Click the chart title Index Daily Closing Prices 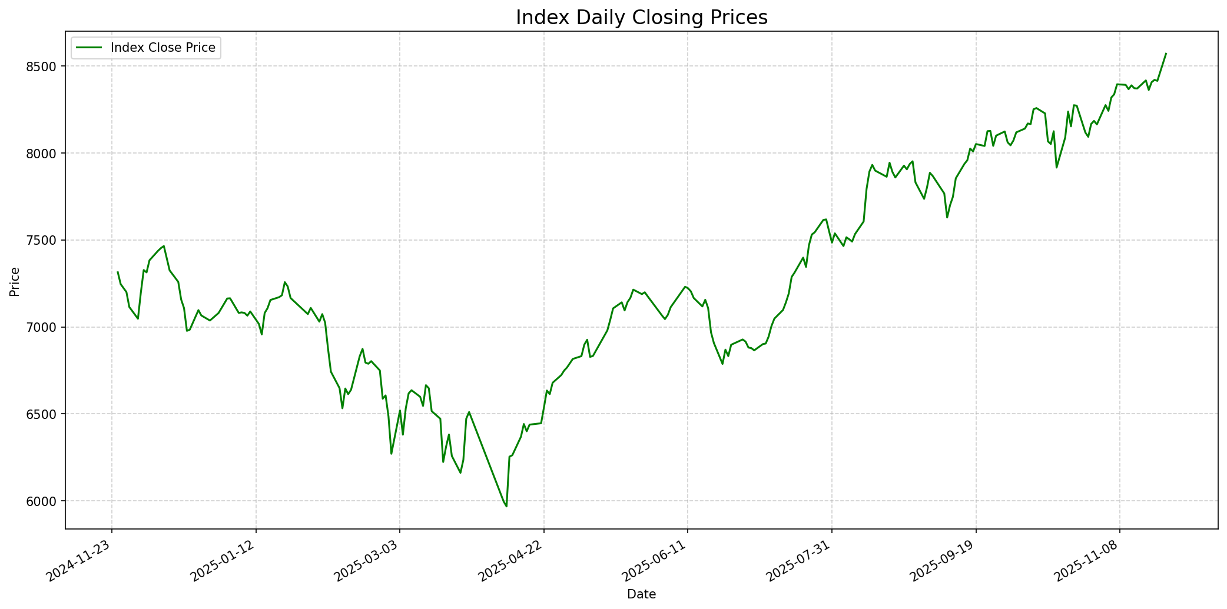point(641,18)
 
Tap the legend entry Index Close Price point(163,48)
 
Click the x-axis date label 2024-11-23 point(81,563)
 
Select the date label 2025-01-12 point(225,563)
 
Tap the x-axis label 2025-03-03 point(369,563)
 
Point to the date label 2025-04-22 point(513,563)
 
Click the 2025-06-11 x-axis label point(657,563)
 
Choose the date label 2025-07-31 point(801,563)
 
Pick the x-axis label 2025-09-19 point(946,563)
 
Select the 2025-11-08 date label point(1089,563)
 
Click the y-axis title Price point(15,282)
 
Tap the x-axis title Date point(641,594)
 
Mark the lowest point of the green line point(506,506)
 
